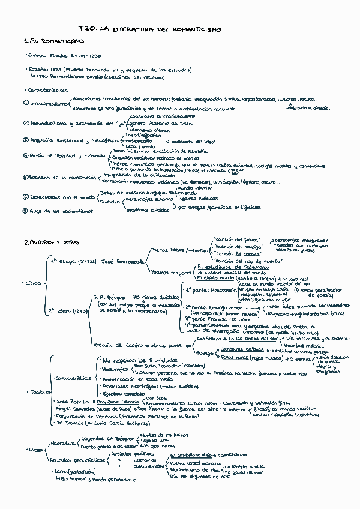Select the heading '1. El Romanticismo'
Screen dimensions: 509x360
point(53,41)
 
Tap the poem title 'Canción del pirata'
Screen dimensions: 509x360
point(234,239)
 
